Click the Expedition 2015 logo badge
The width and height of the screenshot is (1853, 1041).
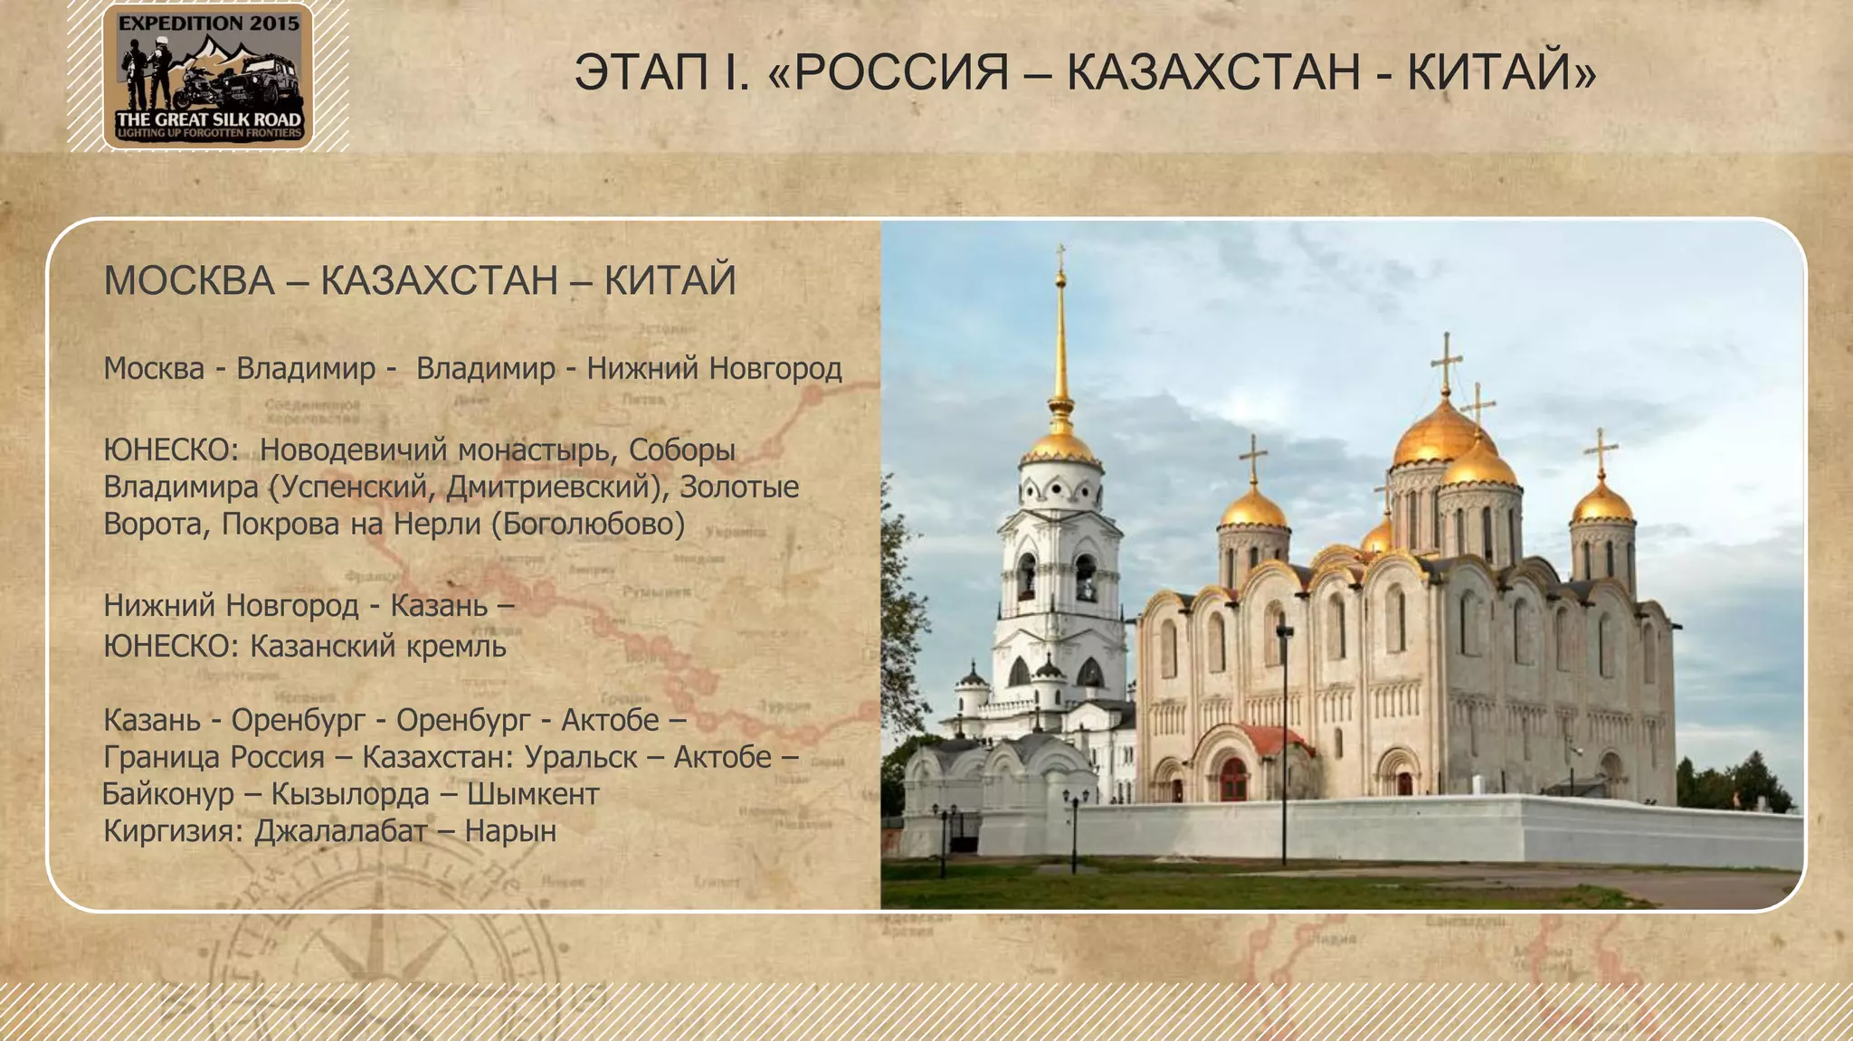pos(208,76)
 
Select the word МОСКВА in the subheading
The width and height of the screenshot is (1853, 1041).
pos(189,280)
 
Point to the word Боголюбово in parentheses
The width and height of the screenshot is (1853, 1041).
pos(588,524)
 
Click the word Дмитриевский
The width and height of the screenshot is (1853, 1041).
pos(548,487)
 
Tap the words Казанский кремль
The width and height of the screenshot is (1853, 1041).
pos(377,646)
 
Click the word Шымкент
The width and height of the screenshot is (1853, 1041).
pos(533,794)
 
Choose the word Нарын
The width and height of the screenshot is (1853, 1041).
pos(510,830)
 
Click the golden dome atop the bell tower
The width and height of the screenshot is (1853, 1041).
pos(1060,443)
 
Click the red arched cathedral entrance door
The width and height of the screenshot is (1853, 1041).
pos(1233,779)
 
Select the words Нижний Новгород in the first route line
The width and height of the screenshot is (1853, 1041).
pos(714,368)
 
